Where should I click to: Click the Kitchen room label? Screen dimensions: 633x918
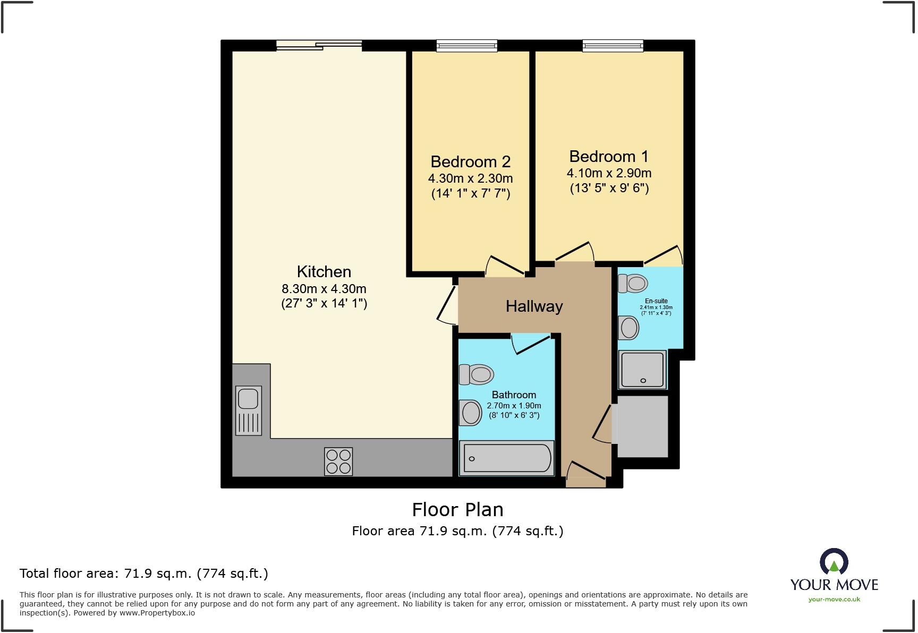click(x=324, y=271)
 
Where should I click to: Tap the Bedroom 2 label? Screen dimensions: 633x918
click(x=470, y=161)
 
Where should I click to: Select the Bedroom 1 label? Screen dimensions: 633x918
click(x=609, y=157)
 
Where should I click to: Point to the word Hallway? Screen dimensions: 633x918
click(x=534, y=306)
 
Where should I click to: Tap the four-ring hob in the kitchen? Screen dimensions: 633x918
click(x=338, y=461)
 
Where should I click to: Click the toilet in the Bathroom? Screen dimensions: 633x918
click(x=476, y=374)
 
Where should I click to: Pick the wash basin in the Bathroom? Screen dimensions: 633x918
click(x=470, y=412)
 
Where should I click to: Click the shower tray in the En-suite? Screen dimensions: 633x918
click(x=642, y=370)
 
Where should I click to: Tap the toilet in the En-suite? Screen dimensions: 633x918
click(x=633, y=283)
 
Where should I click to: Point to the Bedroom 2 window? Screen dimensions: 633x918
click(x=466, y=46)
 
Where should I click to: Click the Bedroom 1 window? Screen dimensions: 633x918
click(x=613, y=46)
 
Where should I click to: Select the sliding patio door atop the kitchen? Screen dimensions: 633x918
click(x=319, y=46)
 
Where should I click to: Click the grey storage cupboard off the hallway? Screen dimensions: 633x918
click(x=642, y=426)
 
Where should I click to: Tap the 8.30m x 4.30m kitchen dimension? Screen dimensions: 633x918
click(x=324, y=289)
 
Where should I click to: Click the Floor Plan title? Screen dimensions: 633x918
click(x=457, y=510)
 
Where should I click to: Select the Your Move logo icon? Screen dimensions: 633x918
click(x=834, y=562)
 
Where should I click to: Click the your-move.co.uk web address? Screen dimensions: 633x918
click(x=834, y=600)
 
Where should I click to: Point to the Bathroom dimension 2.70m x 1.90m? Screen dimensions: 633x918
click(x=514, y=406)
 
